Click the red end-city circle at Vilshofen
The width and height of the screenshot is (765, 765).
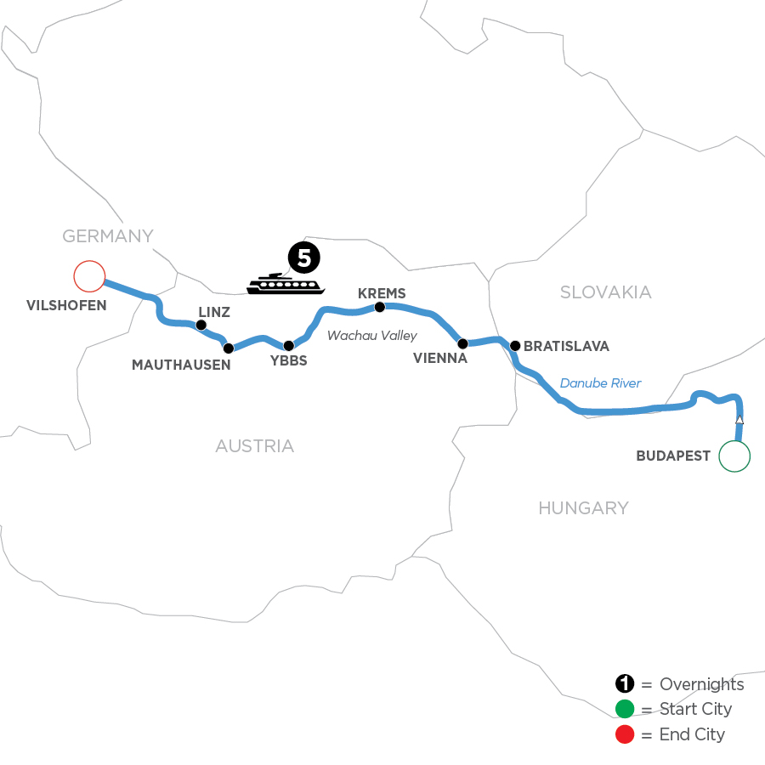(88, 276)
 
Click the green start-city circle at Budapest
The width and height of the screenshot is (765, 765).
(734, 456)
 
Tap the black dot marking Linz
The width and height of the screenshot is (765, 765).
(201, 325)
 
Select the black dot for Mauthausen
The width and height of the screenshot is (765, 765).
(228, 348)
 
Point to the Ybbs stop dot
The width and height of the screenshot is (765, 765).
(288, 346)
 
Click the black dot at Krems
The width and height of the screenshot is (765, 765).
(380, 307)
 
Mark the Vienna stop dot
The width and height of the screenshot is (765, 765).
(462, 344)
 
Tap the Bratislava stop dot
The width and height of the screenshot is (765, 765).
(514, 345)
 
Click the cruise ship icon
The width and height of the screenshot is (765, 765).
(286, 284)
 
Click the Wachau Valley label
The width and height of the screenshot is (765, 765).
(372, 336)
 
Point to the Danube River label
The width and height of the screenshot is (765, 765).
(601, 383)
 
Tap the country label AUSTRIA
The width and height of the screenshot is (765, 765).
(254, 445)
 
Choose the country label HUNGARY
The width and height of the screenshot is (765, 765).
(583, 508)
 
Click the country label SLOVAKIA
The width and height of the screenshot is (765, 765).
(606, 292)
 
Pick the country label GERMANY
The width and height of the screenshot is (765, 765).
(107, 235)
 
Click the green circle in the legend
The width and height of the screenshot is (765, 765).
(626, 709)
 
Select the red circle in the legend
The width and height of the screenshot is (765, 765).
(626, 734)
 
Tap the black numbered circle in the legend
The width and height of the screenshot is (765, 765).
(626, 684)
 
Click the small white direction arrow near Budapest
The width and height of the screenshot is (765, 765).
(739, 420)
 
